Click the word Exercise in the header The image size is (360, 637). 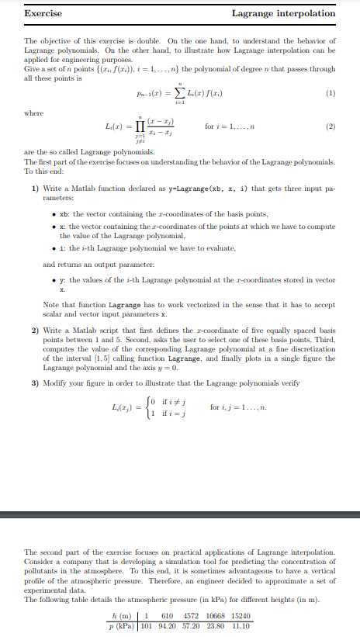point(43,13)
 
